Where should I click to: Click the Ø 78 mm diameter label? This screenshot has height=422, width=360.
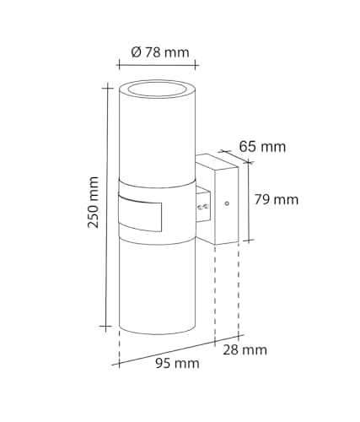coord(160,52)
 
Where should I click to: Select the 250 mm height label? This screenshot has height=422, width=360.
coord(94,202)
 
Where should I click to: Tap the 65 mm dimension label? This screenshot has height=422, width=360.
coord(262,147)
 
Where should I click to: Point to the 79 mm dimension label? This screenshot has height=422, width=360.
coord(277,200)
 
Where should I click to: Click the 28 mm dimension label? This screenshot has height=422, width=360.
coord(245,350)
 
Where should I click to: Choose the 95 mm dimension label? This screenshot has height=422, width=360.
coord(177,363)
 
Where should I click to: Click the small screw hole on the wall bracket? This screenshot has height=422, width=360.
coord(227,203)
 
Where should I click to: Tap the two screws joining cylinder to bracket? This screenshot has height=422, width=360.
coord(203,208)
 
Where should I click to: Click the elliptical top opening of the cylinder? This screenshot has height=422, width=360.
coord(158,88)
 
